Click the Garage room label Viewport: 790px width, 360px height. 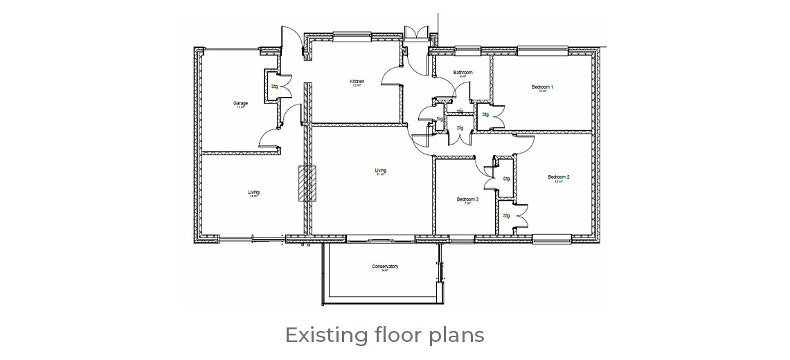tap(240, 104)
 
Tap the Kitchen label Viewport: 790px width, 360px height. tap(357, 82)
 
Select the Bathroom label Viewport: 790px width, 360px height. tap(463, 73)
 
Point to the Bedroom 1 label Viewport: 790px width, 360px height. tap(542, 87)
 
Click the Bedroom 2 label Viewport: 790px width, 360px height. tap(559, 177)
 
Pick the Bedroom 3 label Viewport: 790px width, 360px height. tap(467, 200)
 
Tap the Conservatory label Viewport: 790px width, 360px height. tap(385, 267)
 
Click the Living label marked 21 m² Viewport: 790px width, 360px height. tap(381, 171)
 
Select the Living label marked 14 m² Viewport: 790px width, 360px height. tap(253, 192)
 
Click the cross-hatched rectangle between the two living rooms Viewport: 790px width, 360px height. tap(307, 183)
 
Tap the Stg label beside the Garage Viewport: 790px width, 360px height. tap(274, 87)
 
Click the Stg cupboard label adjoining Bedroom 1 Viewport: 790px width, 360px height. tap(485, 115)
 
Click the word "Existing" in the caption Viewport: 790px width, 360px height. tap(326, 336)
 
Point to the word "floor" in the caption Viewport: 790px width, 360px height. tap(396, 336)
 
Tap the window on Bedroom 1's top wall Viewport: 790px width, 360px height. tap(542, 51)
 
